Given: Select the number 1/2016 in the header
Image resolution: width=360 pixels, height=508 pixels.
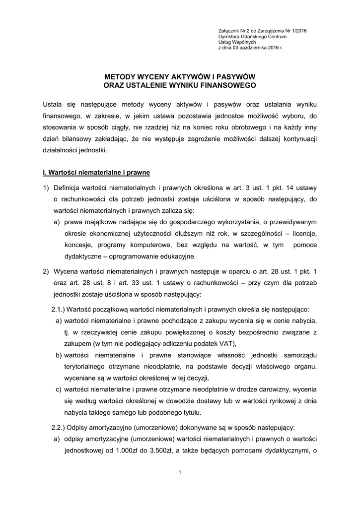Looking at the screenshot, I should (x=297, y=31).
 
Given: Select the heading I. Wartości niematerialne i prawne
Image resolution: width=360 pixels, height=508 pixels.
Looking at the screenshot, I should (x=96, y=173).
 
